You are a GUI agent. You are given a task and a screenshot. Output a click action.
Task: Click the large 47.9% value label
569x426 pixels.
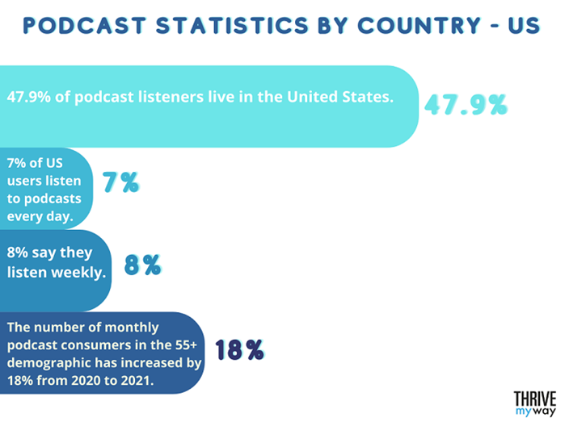coord(466,105)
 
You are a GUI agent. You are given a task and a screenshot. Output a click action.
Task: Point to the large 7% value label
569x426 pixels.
coord(120,184)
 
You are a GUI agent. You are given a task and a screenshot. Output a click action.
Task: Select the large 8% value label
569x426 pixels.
coord(142,265)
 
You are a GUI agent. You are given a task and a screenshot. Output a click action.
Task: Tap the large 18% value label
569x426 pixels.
coord(240,349)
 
